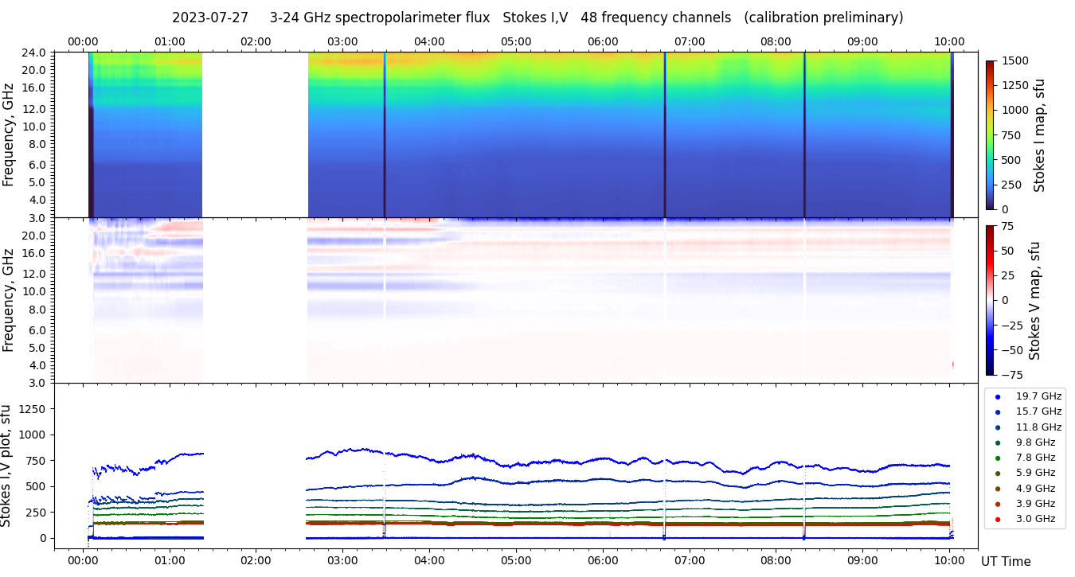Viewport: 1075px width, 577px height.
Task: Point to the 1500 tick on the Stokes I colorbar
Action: tap(1016, 60)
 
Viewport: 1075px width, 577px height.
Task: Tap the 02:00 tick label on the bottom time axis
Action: tap(256, 560)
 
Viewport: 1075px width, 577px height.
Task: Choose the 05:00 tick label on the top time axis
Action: tap(516, 41)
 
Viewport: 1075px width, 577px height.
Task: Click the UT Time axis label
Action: tap(1006, 562)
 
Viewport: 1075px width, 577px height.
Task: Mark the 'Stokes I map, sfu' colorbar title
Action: tap(1039, 135)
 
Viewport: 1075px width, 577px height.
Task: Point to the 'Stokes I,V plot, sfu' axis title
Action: tap(7, 466)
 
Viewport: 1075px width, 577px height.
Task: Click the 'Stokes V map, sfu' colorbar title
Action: tap(1035, 300)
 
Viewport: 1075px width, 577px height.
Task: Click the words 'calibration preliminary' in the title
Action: tap(823, 18)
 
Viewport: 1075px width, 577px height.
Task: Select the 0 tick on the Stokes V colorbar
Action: tap(1009, 300)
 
